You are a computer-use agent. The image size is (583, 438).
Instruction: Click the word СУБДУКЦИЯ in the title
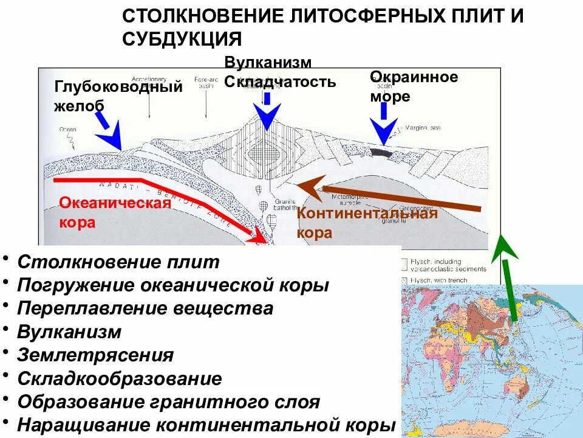182,38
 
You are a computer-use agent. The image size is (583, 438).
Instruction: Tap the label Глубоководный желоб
118,96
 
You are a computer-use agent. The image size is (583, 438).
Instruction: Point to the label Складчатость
280,82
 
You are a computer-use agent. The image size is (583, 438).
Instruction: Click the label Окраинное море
414,86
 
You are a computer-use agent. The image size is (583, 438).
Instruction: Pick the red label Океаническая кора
115,212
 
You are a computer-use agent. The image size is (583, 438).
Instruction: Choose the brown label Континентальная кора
367,223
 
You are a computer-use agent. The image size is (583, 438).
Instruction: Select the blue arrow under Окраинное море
384,128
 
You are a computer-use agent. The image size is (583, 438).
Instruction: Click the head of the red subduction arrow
261,236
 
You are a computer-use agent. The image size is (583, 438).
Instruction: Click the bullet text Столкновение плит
118,262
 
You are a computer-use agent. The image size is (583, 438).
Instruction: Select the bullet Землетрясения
95,355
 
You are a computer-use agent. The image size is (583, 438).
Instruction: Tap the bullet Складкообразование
120,378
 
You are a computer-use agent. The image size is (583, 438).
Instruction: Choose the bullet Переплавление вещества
145,308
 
